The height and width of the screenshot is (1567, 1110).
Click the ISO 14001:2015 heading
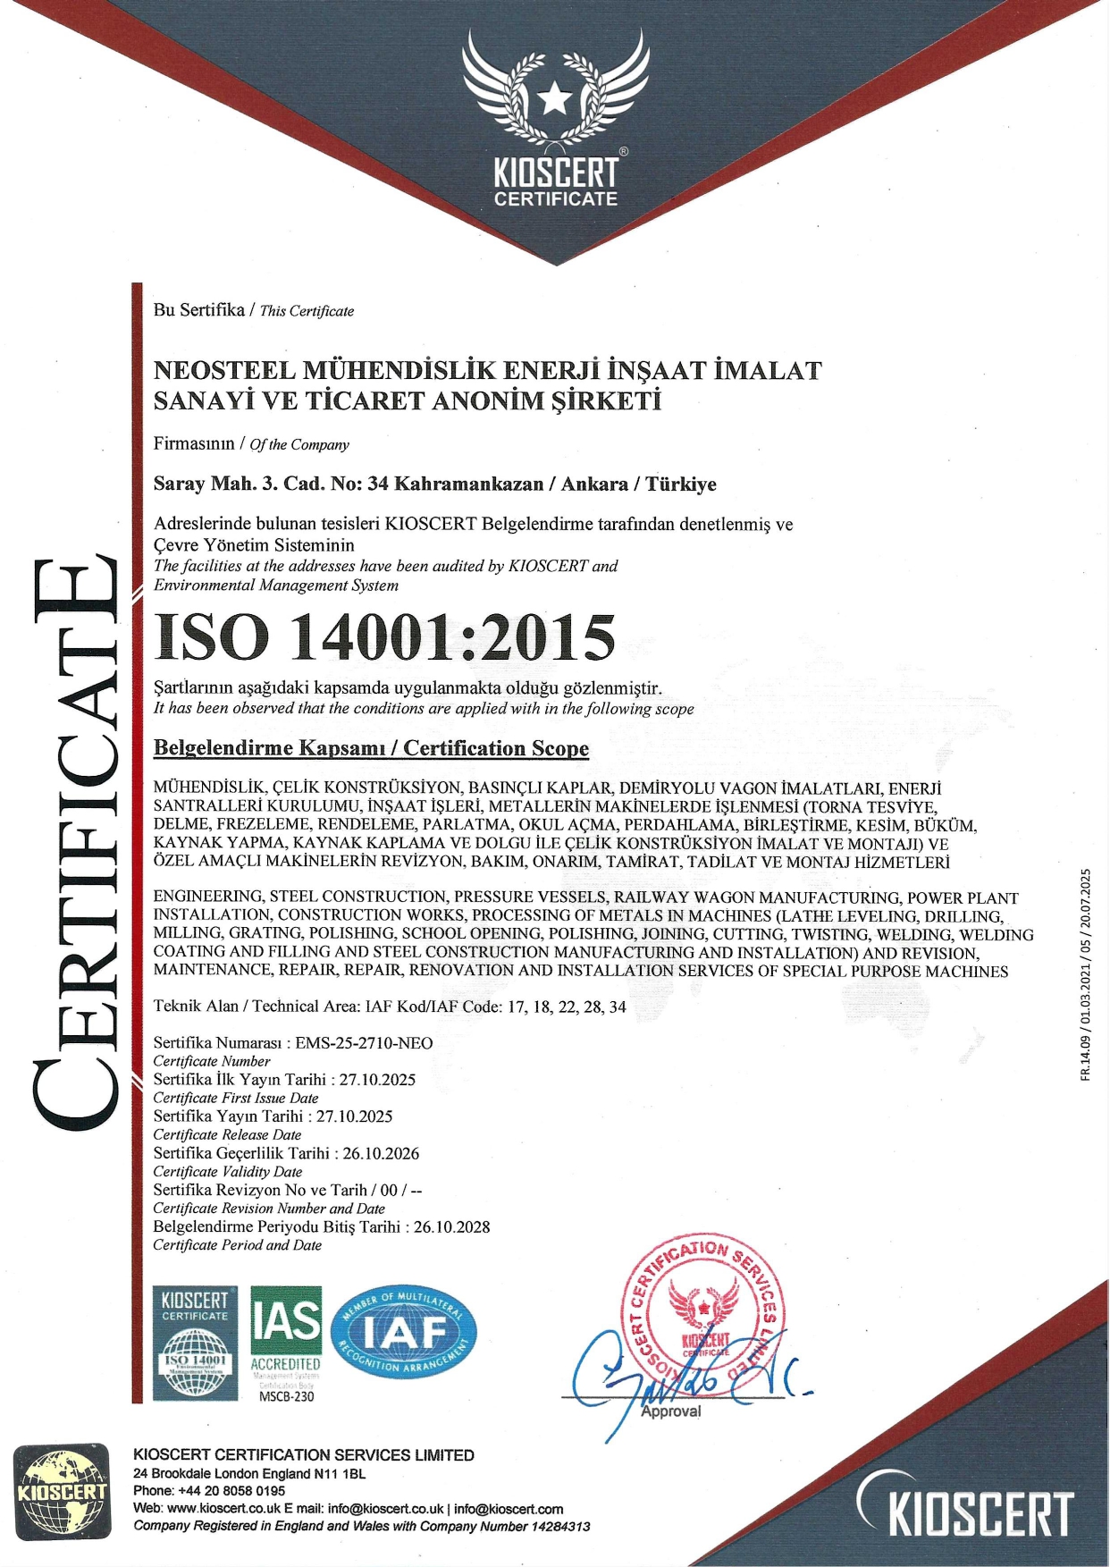[385, 637]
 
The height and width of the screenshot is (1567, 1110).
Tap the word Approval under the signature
[671, 1411]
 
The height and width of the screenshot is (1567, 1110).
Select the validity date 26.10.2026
[381, 1153]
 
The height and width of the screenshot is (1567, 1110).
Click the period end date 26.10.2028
[451, 1226]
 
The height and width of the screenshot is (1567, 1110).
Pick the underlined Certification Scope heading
[371, 748]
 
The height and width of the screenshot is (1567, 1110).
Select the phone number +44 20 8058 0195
[231, 1490]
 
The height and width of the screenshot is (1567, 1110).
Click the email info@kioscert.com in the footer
[509, 1509]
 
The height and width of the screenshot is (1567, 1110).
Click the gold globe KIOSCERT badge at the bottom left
[63, 1490]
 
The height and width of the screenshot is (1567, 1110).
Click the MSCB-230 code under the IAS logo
[286, 1396]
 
